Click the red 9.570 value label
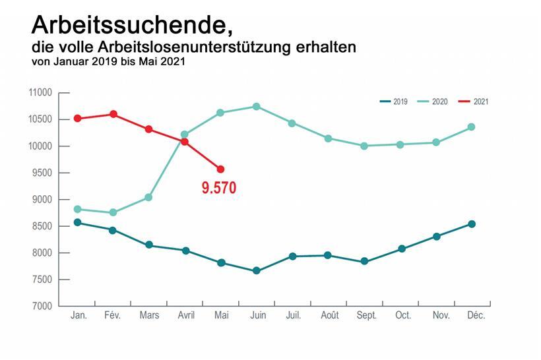pyautogui.click(x=218, y=188)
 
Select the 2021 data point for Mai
pyautogui.click(x=220, y=169)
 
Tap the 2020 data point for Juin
pyautogui.click(x=257, y=106)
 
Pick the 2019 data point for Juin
pyautogui.click(x=257, y=271)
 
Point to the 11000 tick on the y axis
pyautogui.click(x=40, y=93)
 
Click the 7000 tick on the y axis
pyautogui.click(x=42, y=307)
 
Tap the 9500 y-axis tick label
pyautogui.click(x=42, y=173)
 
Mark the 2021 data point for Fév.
pyautogui.click(x=113, y=114)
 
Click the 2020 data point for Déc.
pyautogui.click(x=472, y=127)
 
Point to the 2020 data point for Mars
pyautogui.click(x=148, y=198)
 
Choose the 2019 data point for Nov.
pyautogui.click(x=437, y=236)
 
